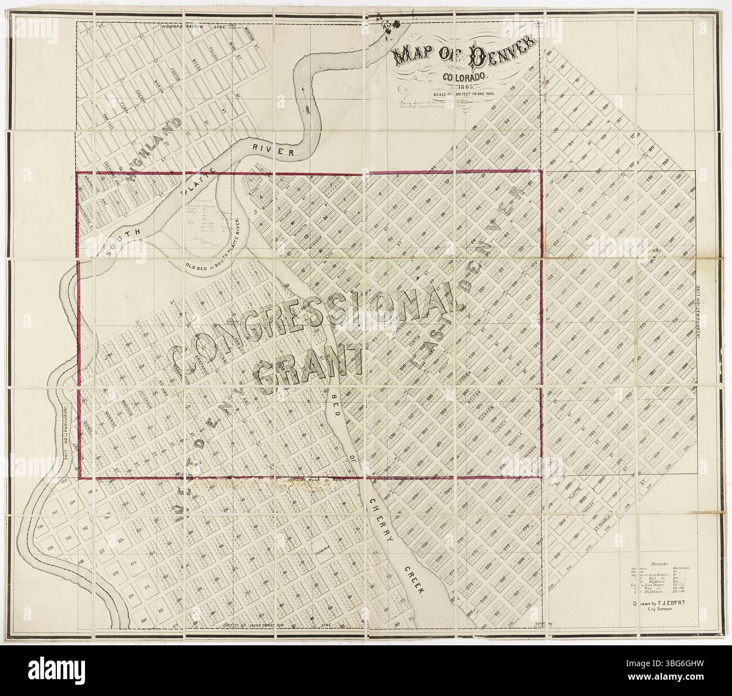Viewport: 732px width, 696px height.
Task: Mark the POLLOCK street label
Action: pyautogui.click(x=213, y=52)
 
